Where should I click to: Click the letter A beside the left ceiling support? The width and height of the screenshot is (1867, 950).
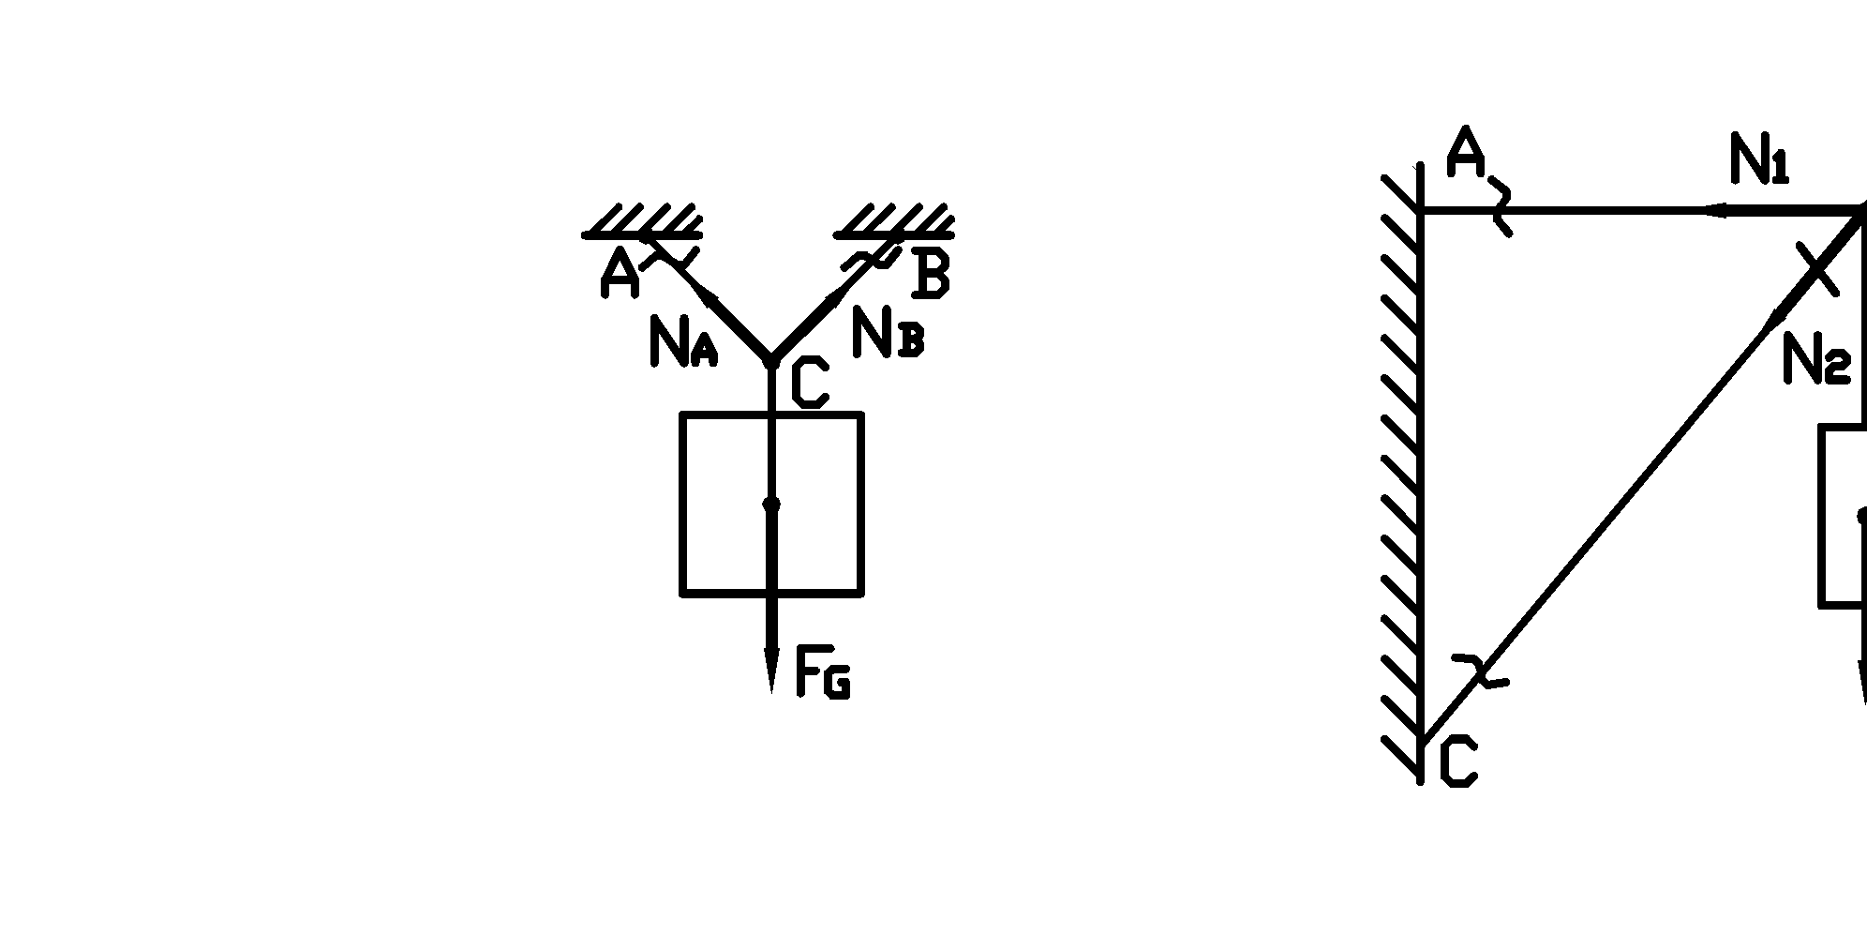click(x=620, y=274)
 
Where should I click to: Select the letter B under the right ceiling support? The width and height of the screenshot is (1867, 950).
click(x=931, y=275)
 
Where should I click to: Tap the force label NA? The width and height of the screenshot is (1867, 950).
click(x=681, y=341)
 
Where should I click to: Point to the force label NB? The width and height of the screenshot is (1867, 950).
click(x=887, y=333)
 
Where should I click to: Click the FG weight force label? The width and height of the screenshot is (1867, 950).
click(x=822, y=672)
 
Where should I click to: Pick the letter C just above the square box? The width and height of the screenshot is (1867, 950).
click(x=809, y=385)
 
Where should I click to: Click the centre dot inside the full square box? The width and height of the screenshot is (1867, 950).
click(x=771, y=505)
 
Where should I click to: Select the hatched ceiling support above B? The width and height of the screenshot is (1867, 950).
click(x=895, y=221)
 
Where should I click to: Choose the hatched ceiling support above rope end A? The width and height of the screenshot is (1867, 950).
click(x=643, y=221)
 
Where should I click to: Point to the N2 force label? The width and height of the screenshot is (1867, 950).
click(x=1816, y=359)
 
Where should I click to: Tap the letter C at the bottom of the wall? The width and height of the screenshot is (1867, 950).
click(x=1457, y=762)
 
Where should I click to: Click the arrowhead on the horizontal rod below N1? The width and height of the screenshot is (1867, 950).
click(x=1715, y=211)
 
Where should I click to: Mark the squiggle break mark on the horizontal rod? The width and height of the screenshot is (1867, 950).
click(x=1501, y=209)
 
